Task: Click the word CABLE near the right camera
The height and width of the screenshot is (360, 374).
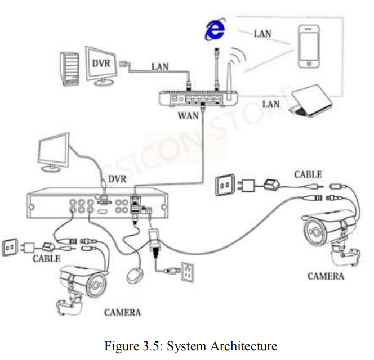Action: tap(308, 175)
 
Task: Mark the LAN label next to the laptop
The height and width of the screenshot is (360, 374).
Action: tap(271, 105)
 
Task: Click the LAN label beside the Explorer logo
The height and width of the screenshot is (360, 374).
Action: tap(262, 33)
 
